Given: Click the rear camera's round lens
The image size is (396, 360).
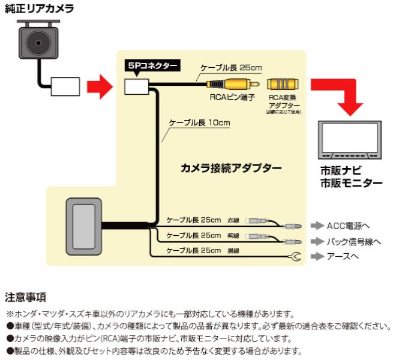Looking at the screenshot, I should click(38, 44).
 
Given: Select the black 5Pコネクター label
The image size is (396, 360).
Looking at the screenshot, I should click(152, 66).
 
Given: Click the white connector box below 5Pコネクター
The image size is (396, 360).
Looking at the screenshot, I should click(137, 86).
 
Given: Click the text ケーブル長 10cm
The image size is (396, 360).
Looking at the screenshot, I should click(200, 122).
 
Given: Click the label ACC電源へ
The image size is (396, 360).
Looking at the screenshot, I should click(348, 226).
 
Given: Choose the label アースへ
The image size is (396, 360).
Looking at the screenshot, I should click(344, 256).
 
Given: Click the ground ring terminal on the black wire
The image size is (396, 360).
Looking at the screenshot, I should click(294, 257).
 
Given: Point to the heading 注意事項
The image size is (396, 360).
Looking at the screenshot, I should click(26, 297).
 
